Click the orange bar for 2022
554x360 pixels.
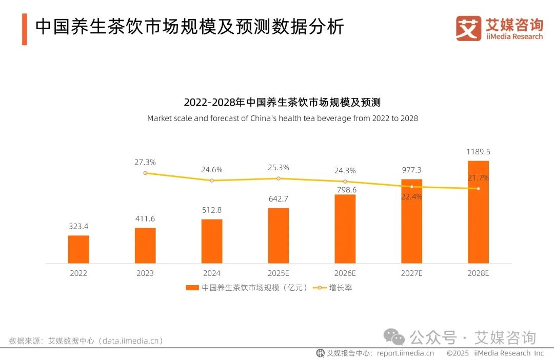point(78,249)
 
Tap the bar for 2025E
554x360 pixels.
point(278,235)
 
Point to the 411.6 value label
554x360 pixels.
point(145,219)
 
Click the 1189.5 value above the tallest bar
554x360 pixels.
point(478,152)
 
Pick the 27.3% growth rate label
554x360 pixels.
point(145,162)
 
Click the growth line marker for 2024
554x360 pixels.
point(211,181)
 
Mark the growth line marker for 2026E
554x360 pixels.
point(345,182)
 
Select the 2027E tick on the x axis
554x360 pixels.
point(411,273)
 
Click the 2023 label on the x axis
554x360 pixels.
point(145,273)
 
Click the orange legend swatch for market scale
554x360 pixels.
point(192,288)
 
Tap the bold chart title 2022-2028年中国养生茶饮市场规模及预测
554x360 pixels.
point(282,102)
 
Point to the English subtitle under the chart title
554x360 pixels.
point(282,118)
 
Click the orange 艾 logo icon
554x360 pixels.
point(468,28)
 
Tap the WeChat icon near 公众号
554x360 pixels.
point(395,337)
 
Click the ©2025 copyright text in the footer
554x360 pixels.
point(458,353)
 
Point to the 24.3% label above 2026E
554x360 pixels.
point(345,171)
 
